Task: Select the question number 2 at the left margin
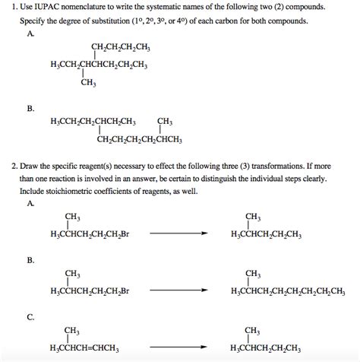tap(14, 164)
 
